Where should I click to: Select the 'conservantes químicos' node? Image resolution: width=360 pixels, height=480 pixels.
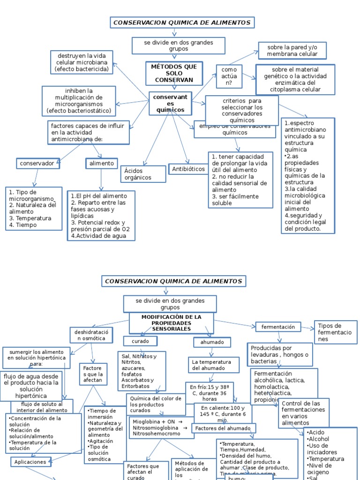coord(170,103)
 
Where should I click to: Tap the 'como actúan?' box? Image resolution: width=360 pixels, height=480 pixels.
coord(229,76)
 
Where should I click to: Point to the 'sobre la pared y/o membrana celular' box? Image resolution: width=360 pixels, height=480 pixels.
coord(292,51)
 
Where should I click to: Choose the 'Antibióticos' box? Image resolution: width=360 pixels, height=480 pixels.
coord(188,169)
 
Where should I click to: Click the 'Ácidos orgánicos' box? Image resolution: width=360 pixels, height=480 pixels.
coord(143,174)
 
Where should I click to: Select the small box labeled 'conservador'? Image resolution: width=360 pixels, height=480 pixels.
coord(38,164)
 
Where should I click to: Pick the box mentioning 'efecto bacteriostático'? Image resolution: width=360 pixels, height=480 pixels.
coord(79,101)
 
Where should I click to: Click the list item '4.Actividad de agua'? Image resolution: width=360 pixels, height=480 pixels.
coord(96,236)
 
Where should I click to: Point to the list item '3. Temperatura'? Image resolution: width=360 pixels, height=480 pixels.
coord(30,218)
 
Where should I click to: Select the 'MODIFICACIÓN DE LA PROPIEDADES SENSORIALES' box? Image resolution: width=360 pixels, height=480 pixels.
coord(171,323)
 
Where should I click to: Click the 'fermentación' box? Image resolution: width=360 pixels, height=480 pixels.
coord(278,327)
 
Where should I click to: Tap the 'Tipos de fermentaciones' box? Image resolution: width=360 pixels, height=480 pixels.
coord(336,332)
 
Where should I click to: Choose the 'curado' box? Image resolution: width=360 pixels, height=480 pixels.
coord(140,341)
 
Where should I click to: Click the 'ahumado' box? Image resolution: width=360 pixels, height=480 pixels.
coord(212,342)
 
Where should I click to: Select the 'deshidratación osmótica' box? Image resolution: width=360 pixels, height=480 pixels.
coord(91,335)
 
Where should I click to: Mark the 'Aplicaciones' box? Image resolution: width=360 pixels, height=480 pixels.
coord(30,462)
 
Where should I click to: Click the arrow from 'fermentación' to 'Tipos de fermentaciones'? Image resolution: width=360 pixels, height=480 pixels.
coord(308,328)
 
